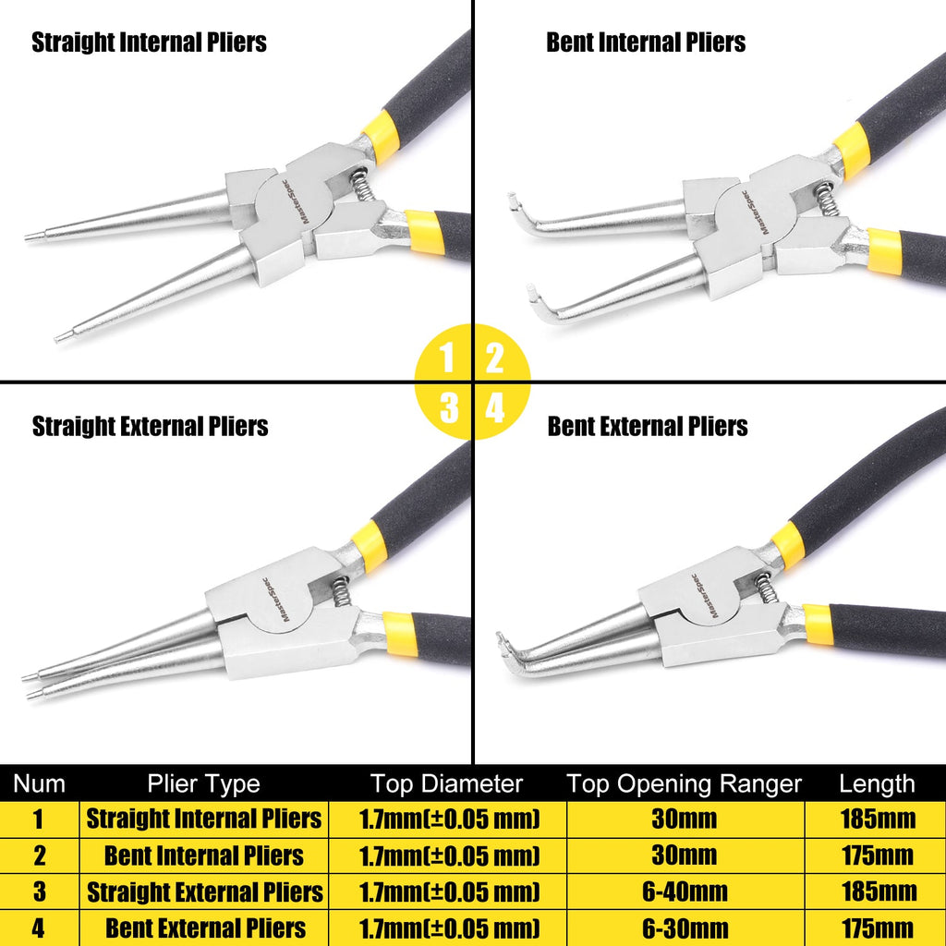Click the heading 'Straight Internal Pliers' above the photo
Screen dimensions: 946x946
149,42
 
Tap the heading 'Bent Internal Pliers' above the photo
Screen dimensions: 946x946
646,42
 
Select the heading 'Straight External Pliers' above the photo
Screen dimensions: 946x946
150,426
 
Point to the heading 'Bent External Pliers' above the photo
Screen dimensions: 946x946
647,426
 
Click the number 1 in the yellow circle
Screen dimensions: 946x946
447,358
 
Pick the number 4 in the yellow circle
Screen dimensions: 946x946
496,406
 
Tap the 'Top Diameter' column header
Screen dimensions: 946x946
446,784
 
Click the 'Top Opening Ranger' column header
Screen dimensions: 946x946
684,784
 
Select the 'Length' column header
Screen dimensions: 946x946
877,784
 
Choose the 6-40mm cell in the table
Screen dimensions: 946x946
685,891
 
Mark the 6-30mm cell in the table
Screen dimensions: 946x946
685,928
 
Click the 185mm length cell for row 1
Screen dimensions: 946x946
878,819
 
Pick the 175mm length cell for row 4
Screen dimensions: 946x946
878,928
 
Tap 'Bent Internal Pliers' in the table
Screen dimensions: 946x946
203,855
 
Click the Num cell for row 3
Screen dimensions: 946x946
39,891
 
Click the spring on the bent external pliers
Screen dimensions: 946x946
766,588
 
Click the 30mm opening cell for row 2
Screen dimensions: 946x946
685,855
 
